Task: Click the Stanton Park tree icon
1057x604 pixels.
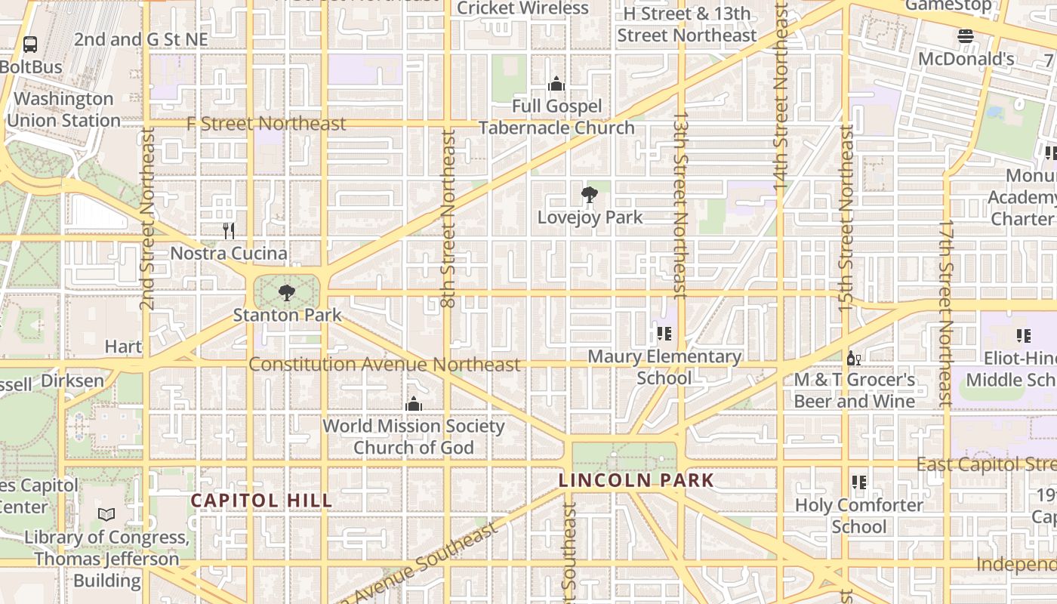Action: point(286,292)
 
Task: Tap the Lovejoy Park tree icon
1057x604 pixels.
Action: point(590,196)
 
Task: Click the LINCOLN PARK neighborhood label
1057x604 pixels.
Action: point(636,480)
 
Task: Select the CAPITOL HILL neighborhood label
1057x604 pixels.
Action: point(261,501)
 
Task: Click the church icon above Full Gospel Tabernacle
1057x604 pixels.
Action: point(556,83)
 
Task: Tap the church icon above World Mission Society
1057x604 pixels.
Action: point(413,404)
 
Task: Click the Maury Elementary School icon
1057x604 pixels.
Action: point(664,334)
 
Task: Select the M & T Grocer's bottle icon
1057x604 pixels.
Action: point(853,358)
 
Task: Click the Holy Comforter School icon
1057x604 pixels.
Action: point(858,482)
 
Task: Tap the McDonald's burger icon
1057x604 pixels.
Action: point(965,36)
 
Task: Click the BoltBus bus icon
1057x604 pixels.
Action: point(30,45)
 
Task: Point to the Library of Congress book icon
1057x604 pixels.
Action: point(106,515)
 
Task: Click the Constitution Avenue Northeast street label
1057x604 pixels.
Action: point(384,365)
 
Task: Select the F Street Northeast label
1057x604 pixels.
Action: point(267,123)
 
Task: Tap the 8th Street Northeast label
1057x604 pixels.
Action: point(448,219)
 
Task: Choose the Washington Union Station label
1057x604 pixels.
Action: point(63,109)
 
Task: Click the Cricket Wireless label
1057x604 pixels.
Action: point(522,8)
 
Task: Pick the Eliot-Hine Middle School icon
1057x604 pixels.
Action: point(1024,335)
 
